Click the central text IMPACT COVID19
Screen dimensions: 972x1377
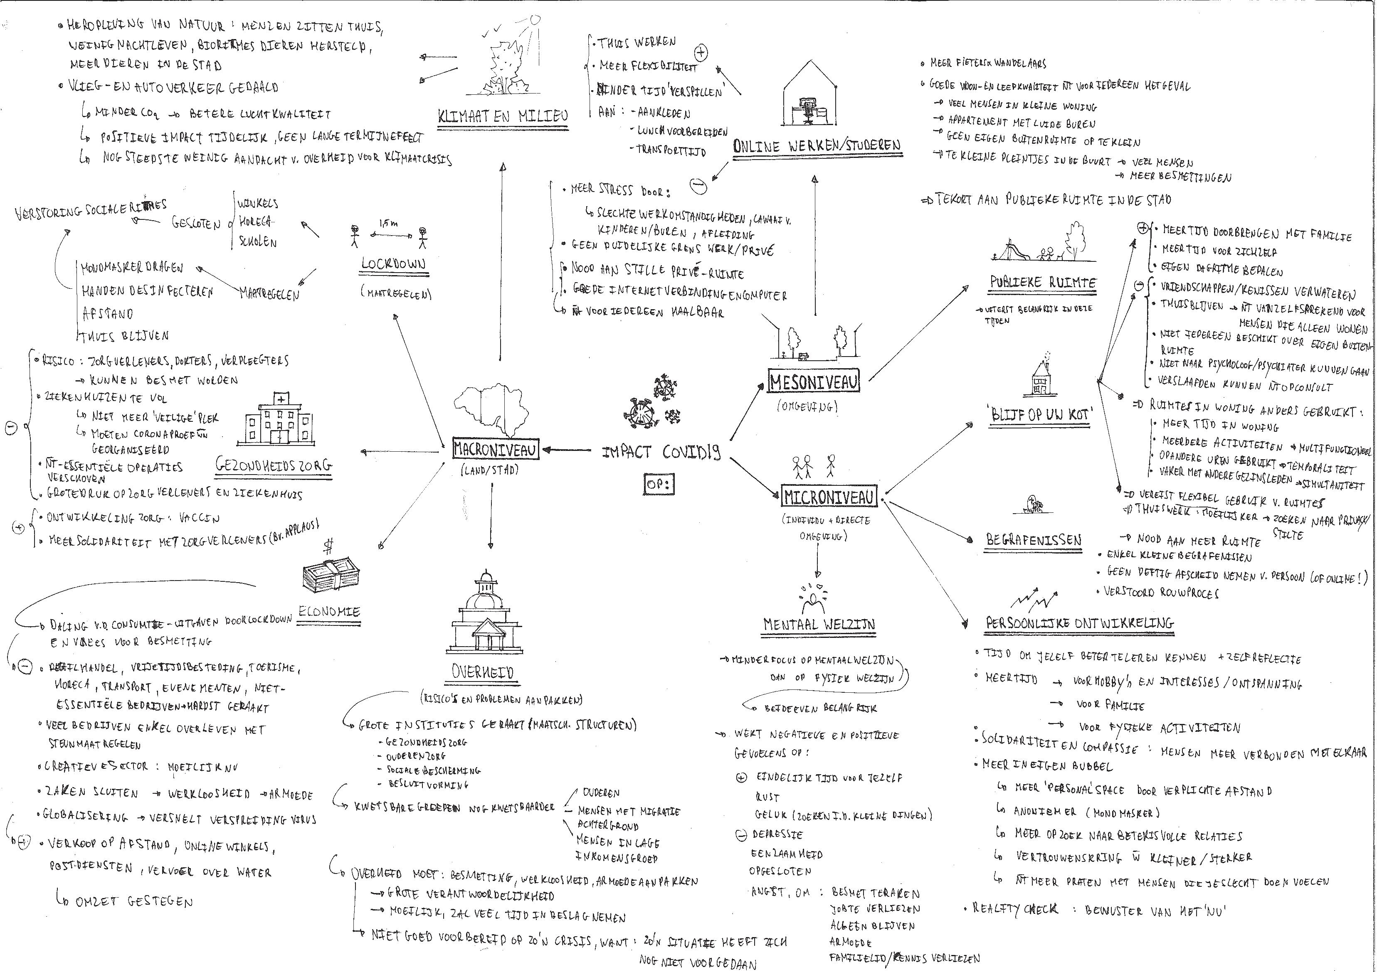pyautogui.click(x=660, y=452)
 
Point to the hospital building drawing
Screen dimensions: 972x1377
pyautogui.click(x=279, y=420)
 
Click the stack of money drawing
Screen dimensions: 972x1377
pyautogui.click(x=331, y=576)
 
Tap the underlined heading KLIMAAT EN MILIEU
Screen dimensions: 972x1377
pyautogui.click(x=503, y=116)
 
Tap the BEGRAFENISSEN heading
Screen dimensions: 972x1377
pyautogui.click(x=1033, y=540)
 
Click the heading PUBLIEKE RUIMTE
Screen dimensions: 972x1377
pyautogui.click(x=1042, y=282)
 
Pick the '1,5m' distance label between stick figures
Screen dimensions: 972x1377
pyautogui.click(x=387, y=223)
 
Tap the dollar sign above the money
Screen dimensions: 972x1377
pyautogui.click(x=328, y=545)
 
